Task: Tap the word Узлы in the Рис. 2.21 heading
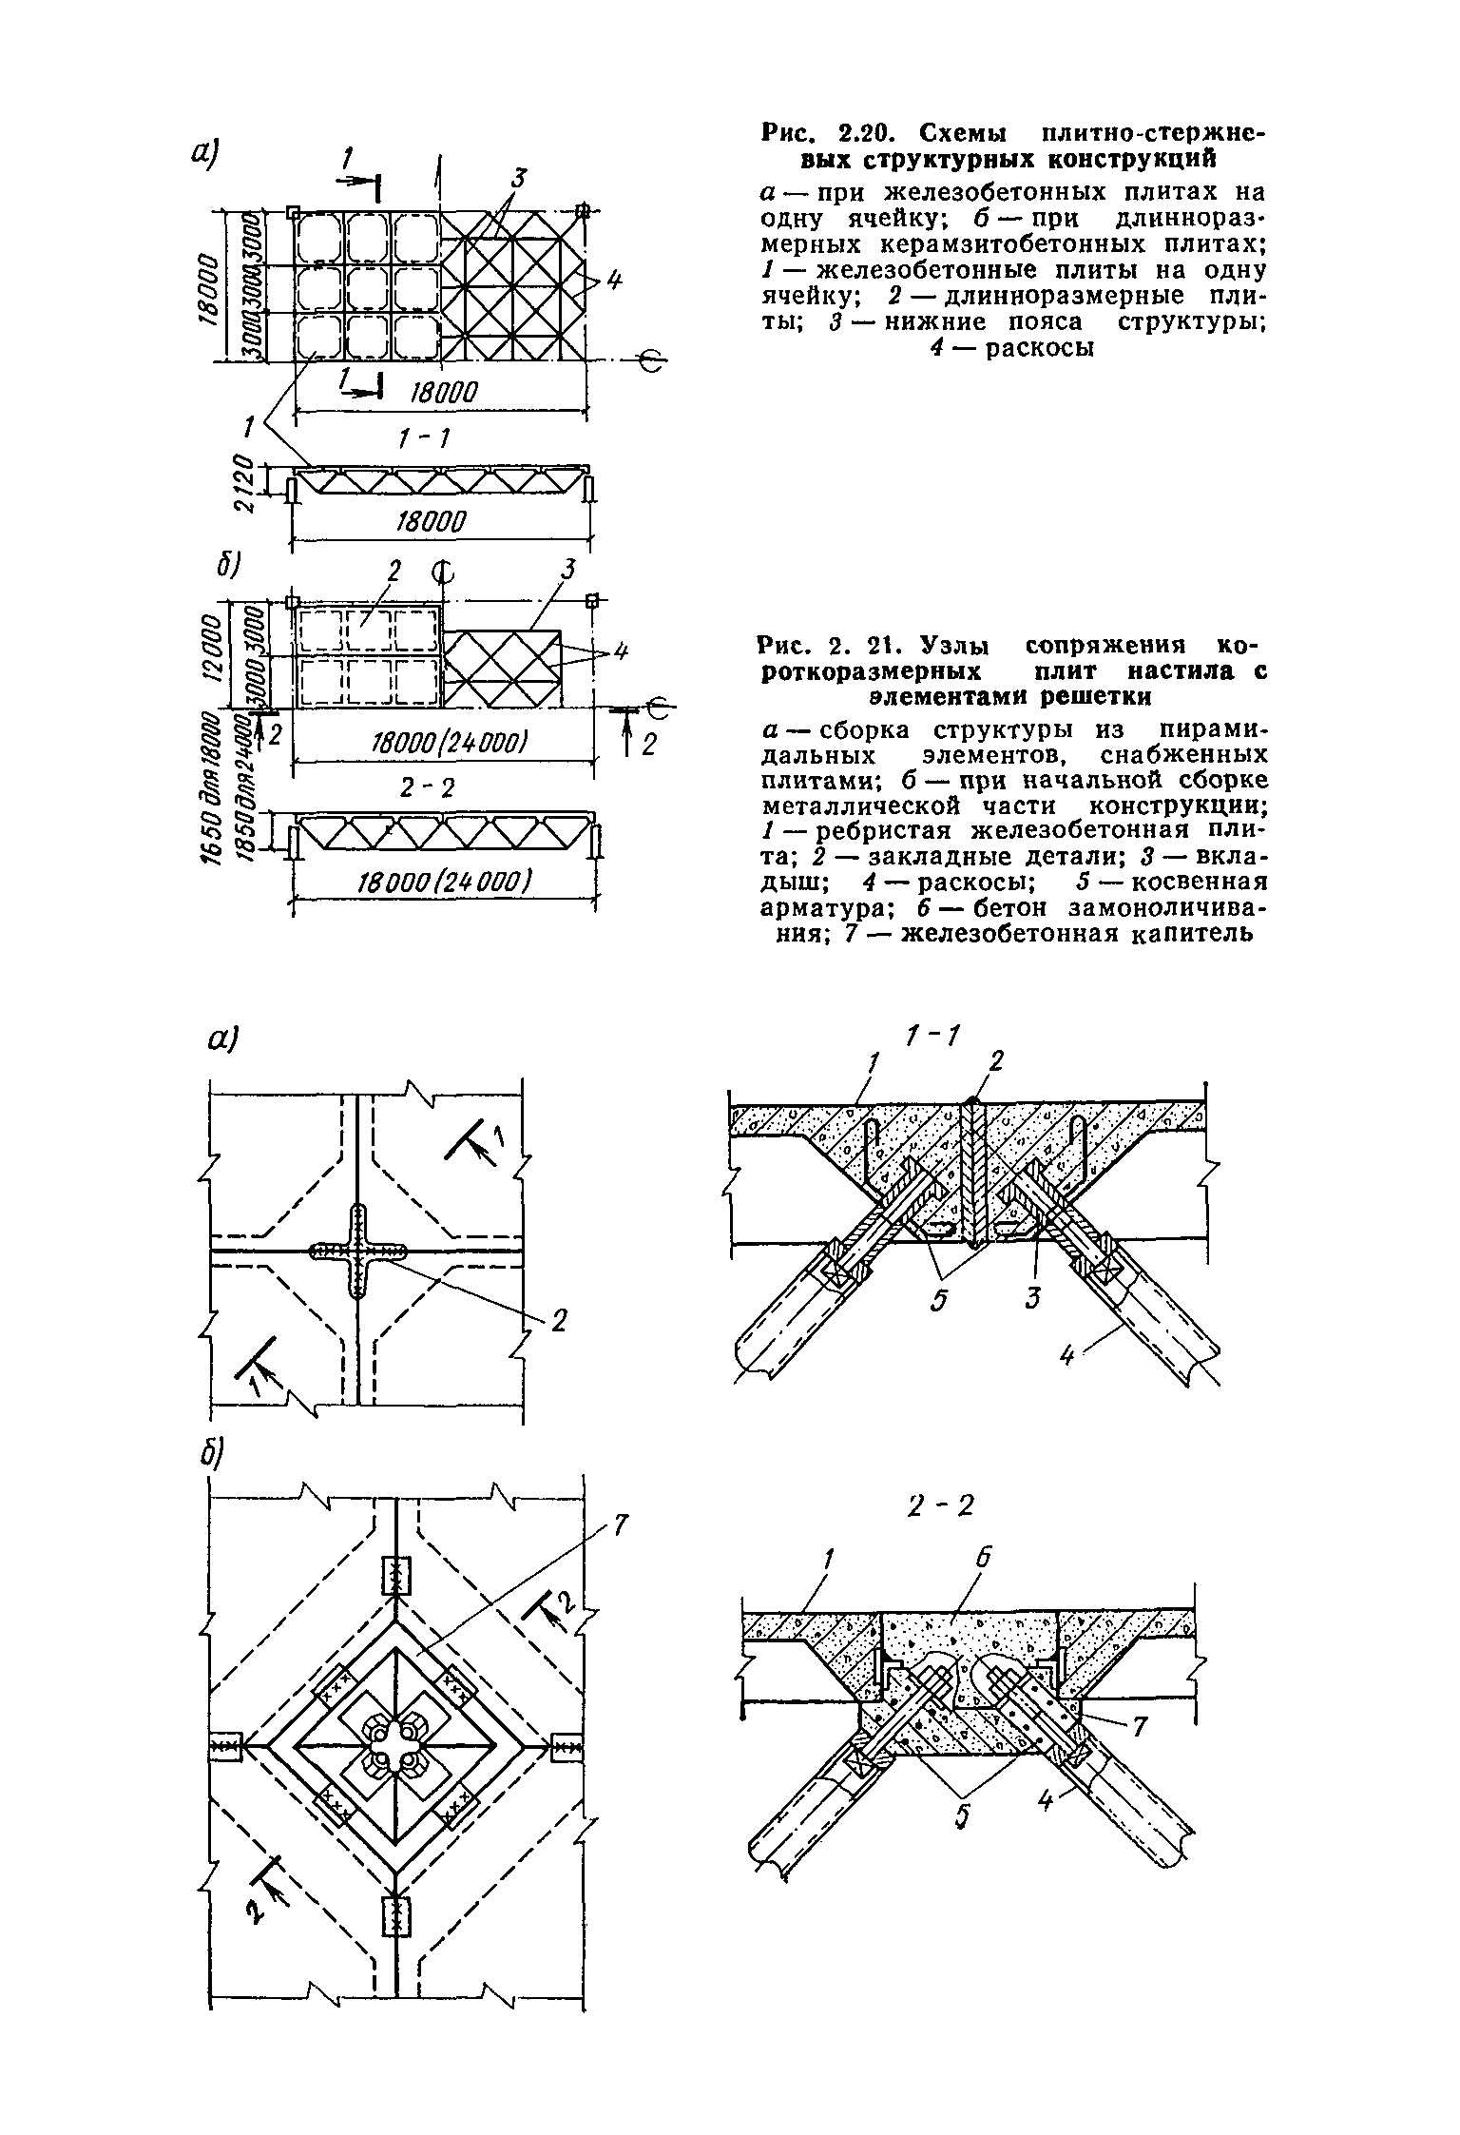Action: tap(947, 647)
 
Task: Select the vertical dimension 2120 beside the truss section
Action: tap(244, 485)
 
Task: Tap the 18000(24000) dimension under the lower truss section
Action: tap(443, 882)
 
